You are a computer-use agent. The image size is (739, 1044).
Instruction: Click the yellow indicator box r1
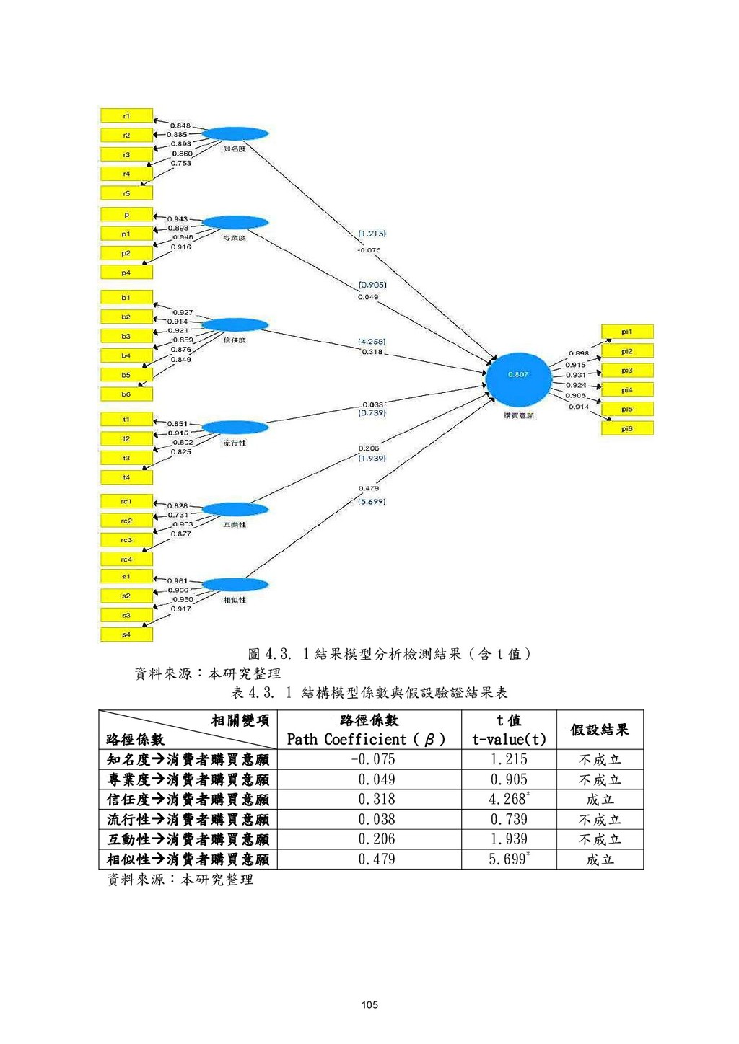tap(126, 115)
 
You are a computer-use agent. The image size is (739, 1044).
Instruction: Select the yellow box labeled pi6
tap(627, 428)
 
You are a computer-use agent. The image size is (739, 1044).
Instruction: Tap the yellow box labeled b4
tap(126, 355)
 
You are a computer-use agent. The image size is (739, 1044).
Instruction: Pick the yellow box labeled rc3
tap(126, 540)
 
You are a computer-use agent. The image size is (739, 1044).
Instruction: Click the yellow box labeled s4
tap(126, 634)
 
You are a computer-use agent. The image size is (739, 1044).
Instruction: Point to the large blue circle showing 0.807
tap(518, 379)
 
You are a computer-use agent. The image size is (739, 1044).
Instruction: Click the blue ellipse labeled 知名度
tap(235, 133)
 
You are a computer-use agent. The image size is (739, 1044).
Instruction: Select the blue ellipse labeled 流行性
tap(235, 428)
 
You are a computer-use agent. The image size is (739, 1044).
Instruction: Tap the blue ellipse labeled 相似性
tap(235, 584)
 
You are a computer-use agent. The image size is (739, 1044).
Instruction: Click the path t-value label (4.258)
tap(372, 342)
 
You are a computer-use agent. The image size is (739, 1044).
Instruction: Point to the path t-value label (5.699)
tap(372, 502)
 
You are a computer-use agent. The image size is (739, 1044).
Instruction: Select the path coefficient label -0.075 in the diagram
tap(369, 250)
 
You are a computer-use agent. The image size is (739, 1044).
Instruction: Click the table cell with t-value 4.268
tap(509, 799)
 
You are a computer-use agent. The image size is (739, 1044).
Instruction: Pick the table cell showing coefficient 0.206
tap(376, 839)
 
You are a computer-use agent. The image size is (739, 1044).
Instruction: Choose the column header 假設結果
tap(600, 730)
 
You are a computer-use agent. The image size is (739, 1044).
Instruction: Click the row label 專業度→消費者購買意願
tap(188, 779)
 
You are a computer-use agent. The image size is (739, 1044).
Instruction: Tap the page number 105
tap(369, 1004)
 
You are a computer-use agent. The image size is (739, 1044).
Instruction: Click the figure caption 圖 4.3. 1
tap(390, 654)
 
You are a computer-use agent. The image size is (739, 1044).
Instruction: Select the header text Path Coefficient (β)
tap(366, 739)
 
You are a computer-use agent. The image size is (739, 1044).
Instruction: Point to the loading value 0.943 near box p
tap(178, 218)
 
